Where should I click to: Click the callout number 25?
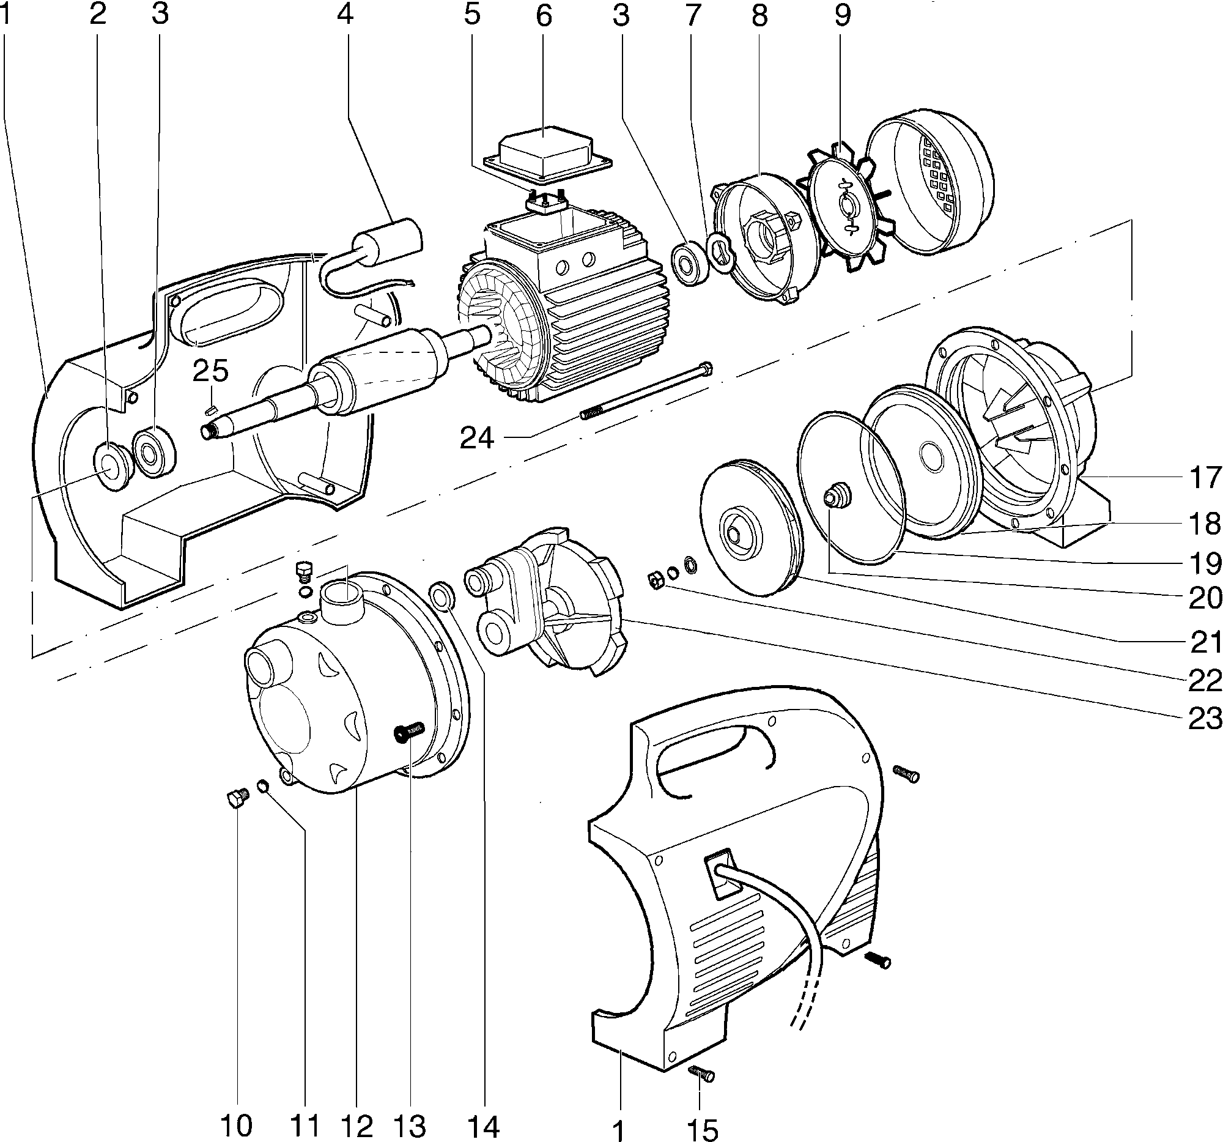[x=210, y=371]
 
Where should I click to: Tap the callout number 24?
[x=477, y=437]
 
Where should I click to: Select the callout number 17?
[x=1204, y=478]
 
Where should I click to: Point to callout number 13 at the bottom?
[x=410, y=1127]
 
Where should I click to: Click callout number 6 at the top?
[x=543, y=16]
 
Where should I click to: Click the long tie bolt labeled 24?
[x=646, y=390]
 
